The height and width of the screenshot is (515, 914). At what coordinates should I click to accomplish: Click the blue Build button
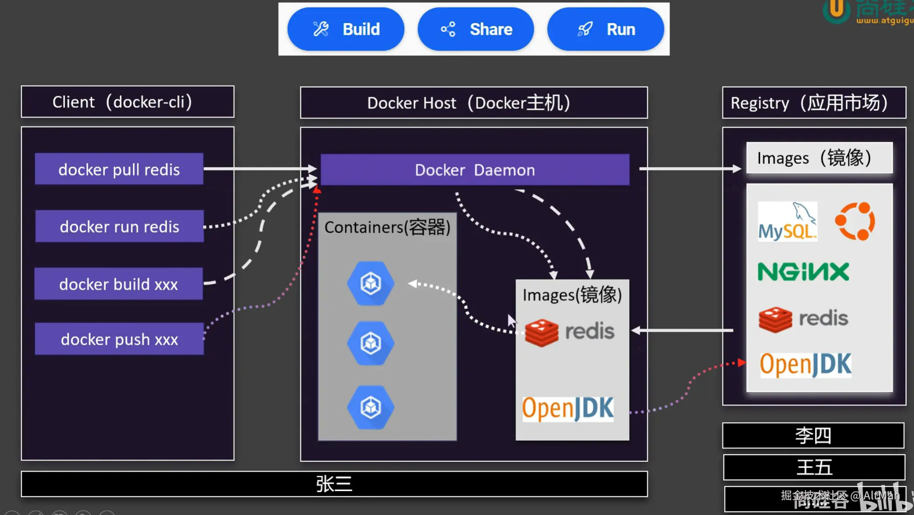coord(346,29)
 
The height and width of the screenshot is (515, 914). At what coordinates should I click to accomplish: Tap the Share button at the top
coord(476,29)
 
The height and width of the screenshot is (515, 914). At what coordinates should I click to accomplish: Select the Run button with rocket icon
coord(606,29)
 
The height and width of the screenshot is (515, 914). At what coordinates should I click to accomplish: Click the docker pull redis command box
coord(119,169)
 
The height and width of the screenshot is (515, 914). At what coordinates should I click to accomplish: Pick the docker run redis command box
coord(119,226)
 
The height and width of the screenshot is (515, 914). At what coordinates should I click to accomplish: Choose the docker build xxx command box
coord(118,284)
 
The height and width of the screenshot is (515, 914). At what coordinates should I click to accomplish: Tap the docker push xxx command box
coord(119,339)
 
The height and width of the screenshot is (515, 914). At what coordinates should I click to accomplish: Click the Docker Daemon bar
coord(475,170)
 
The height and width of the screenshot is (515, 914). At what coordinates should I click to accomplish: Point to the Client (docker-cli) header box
coord(127,102)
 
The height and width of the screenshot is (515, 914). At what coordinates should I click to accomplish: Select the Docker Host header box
coord(474,103)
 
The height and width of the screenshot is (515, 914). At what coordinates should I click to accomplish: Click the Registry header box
coord(814,103)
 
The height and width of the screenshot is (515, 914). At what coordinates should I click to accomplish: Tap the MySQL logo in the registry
coord(787,222)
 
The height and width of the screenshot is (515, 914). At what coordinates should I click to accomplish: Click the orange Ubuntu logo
coord(855,221)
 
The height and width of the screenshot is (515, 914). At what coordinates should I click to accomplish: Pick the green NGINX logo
coord(803,272)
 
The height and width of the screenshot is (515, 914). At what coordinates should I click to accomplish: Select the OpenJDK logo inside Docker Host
coord(568,408)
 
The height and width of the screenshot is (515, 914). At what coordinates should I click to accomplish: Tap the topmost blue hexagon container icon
coord(370,283)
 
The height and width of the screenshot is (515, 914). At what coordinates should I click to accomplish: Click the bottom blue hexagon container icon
coord(370,407)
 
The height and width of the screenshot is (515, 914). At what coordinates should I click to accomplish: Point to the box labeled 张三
coord(334,484)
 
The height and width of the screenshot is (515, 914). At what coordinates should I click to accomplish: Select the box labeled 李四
coord(813,436)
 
